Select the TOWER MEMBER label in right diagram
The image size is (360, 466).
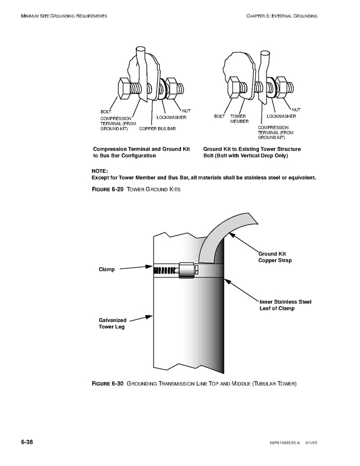(238, 119)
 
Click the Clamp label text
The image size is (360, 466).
(106, 269)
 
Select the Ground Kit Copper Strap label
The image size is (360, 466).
(275, 257)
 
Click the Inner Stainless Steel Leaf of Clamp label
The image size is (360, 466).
(285, 305)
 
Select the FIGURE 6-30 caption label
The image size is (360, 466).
(108, 384)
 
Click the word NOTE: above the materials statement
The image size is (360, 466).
(100, 171)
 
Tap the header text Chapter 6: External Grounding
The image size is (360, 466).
(282, 16)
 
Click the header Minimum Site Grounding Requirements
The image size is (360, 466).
(64, 16)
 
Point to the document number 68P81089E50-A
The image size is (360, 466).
(286, 443)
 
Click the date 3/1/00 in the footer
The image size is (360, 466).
(325, 443)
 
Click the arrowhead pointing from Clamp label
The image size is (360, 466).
(149, 267)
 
